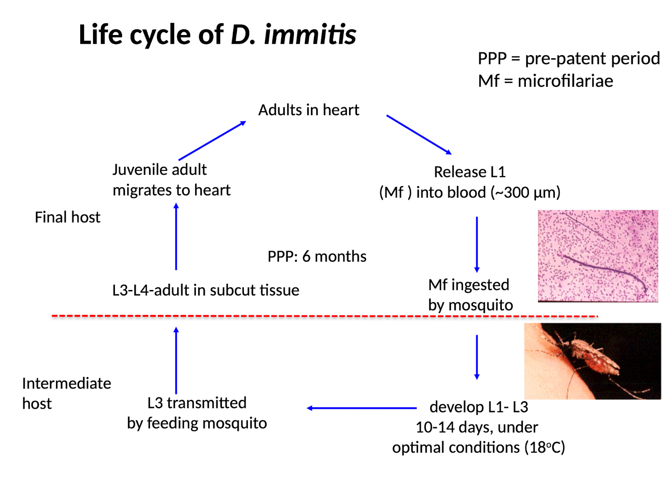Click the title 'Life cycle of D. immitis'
(x=217, y=35)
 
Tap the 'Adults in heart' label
(x=308, y=110)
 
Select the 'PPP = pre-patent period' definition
(x=568, y=58)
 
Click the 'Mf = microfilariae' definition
(x=545, y=81)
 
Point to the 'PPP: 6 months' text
(x=317, y=256)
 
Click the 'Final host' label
(x=68, y=217)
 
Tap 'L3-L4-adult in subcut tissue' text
(x=205, y=290)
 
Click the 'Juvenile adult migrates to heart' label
(x=171, y=180)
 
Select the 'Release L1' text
(x=469, y=172)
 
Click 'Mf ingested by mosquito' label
(x=470, y=294)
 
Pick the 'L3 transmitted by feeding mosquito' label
(x=197, y=413)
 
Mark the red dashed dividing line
(x=325, y=316)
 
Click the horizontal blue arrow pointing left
(x=361, y=408)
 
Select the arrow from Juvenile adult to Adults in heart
(x=212, y=141)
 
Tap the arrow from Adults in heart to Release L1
(x=419, y=135)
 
